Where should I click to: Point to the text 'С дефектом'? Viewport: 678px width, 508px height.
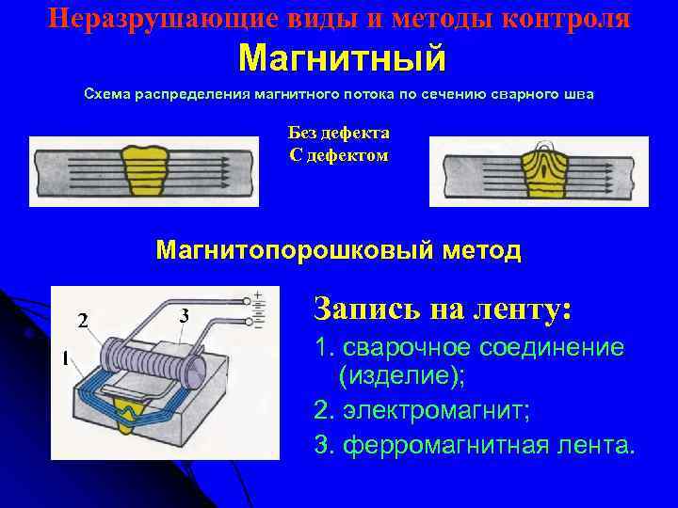tap(339, 153)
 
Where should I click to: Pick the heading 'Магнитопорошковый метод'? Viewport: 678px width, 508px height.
tap(339, 250)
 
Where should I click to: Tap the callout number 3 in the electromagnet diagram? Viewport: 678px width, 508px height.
tap(185, 313)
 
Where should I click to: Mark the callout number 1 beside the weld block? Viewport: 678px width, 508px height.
tap(64, 358)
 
